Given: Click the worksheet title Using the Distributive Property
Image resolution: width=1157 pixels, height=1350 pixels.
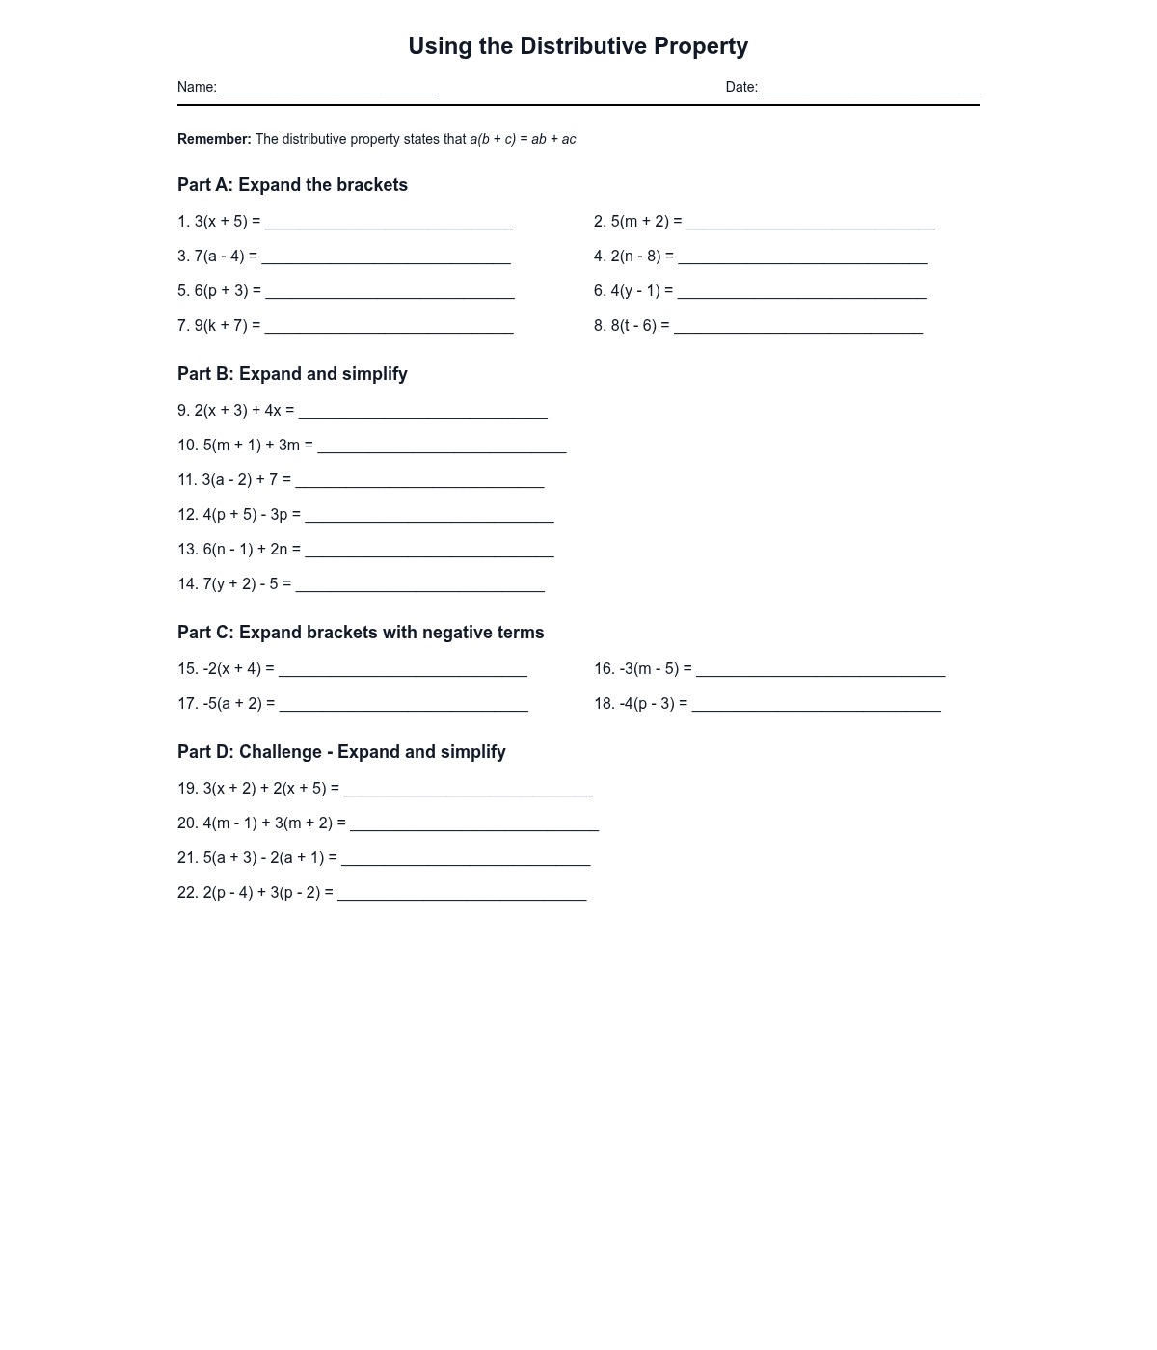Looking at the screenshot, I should (578, 46).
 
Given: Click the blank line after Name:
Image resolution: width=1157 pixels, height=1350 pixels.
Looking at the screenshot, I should (330, 89).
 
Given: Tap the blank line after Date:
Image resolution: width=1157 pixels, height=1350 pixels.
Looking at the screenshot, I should (870, 89).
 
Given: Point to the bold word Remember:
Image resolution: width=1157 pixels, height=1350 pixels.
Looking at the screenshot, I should (214, 139).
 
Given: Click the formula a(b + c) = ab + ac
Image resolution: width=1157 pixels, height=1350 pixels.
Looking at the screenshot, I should (523, 139).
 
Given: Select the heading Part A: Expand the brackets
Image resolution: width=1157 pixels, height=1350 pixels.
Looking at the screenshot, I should (292, 185).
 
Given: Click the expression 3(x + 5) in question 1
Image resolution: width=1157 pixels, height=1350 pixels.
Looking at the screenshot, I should (221, 222).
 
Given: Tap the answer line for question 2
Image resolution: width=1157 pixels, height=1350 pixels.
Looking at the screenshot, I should (810, 224).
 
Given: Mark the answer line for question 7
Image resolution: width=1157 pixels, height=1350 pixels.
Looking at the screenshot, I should (389, 328).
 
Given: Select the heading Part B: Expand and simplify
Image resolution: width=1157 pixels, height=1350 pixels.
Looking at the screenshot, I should (292, 374).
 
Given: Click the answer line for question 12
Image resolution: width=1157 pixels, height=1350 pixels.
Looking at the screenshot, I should (429, 517).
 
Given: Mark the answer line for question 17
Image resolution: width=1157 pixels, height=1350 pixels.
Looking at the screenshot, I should (403, 706).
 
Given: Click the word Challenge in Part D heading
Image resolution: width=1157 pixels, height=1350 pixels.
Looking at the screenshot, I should (281, 752).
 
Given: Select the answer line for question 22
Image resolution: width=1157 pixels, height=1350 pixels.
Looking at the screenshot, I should (462, 895).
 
